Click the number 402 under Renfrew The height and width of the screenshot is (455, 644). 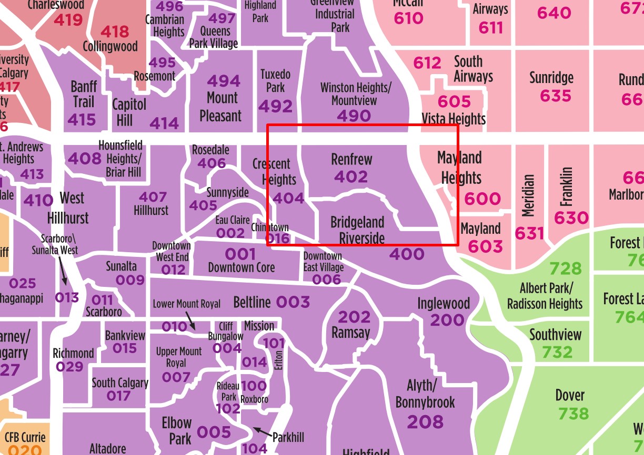350,177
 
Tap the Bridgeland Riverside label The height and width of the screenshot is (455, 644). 358,230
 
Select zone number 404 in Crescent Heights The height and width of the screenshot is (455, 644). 289,198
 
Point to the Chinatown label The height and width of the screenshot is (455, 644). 270,227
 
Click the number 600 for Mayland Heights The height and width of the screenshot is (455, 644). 482,199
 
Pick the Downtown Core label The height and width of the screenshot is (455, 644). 241,267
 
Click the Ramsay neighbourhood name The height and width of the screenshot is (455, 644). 351,333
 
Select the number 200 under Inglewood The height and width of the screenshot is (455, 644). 447,319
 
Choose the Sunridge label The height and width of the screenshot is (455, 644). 551,78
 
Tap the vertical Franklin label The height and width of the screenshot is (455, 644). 566,187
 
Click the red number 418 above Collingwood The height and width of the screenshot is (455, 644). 114,32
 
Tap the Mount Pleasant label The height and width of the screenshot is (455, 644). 222,107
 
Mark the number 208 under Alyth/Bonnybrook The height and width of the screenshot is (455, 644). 425,421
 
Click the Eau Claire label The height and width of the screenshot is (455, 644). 233,220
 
